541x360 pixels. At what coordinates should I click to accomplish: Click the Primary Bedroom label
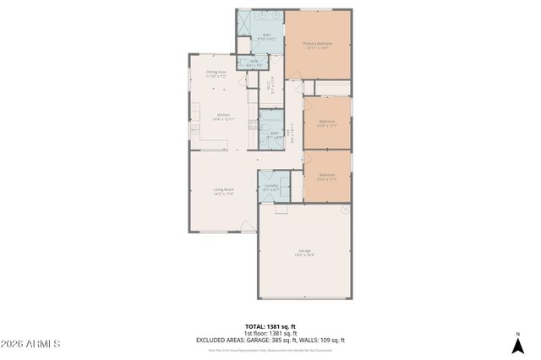click(318, 45)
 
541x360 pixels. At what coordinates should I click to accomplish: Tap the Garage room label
click(303, 252)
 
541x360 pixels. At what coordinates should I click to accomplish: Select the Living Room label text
click(223, 192)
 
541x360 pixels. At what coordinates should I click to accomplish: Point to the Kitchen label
click(224, 117)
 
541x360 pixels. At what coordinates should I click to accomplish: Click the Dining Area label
click(216, 74)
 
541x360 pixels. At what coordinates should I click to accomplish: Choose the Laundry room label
click(270, 187)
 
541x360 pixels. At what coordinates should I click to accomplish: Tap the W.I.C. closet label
click(269, 85)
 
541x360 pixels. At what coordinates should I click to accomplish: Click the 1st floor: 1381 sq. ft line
click(270, 333)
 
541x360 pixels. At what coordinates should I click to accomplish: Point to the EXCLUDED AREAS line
click(270, 340)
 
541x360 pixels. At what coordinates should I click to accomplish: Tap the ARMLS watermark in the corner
click(30, 345)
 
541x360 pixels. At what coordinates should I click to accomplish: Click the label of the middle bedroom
click(326, 124)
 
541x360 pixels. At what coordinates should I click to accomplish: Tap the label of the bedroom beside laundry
click(326, 177)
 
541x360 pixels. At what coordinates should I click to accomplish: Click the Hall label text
click(290, 134)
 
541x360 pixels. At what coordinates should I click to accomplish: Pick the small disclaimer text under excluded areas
click(270, 348)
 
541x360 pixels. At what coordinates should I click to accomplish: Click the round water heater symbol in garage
click(345, 209)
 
